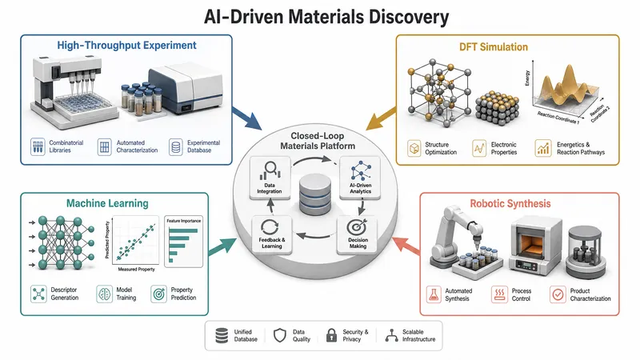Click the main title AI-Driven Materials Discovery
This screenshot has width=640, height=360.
[326, 17]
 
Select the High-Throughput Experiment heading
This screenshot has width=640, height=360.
[126, 46]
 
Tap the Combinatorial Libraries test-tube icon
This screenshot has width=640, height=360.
[38, 146]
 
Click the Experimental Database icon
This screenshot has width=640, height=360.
[176, 147]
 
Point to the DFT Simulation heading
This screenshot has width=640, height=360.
[494, 47]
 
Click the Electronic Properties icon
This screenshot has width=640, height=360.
[479, 148]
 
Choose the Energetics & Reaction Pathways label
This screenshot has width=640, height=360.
[581, 149]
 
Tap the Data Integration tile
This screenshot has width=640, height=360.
[270, 178]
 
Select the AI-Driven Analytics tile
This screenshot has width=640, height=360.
[360, 178]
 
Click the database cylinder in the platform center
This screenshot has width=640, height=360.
[314, 194]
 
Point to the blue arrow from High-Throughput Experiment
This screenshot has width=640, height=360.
[247, 118]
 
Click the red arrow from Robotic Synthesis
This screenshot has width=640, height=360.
[406, 246]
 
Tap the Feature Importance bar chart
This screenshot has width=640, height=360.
[184, 242]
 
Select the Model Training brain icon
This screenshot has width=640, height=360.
[104, 294]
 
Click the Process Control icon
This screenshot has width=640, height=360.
[499, 294]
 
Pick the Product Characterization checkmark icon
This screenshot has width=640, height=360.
[558, 294]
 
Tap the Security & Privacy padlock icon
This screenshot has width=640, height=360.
[331, 335]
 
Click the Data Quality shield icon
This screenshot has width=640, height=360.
[279, 335]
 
